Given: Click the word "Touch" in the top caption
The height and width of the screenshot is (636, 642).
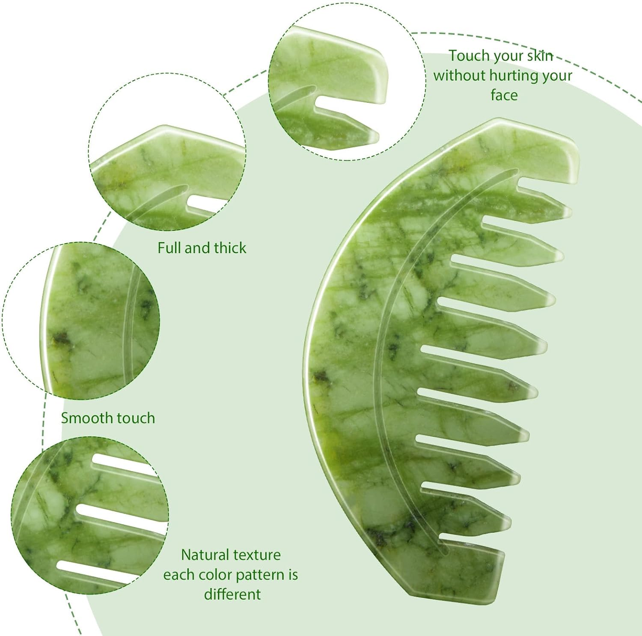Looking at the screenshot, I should coord(468,56).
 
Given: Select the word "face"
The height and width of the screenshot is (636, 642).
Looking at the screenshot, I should coord(504,95).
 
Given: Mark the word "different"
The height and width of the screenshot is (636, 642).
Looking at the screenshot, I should coord(232,594).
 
